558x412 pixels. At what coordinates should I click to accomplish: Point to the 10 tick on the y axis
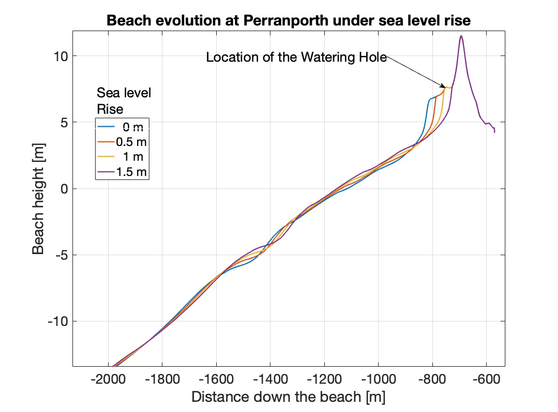click(61, 56)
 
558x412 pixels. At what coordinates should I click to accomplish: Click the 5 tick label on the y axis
click(65, 122)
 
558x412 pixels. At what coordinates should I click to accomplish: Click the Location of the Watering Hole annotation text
click(296, 57)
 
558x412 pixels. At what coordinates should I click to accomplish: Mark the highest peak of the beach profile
click(461, 37)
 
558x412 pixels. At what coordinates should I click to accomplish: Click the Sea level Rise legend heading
click(124, 100)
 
